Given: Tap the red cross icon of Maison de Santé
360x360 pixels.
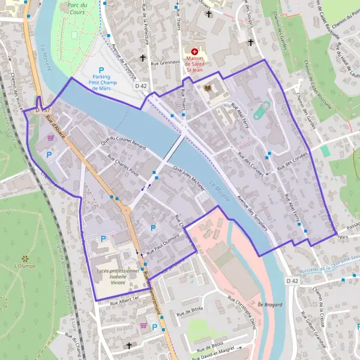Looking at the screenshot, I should [x=194, y=52].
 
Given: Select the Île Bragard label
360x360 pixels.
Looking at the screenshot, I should [x=271, y=305].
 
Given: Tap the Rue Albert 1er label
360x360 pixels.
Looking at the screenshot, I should [x=124, y=301].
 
